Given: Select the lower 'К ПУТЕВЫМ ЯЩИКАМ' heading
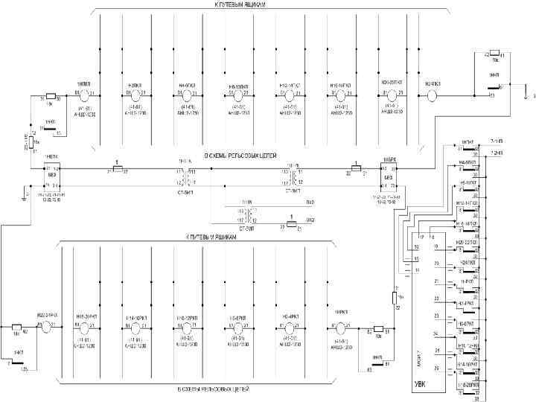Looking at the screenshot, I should pos(211,236).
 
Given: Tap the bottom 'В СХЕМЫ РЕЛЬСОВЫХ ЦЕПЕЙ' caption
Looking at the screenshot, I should pos(213,389).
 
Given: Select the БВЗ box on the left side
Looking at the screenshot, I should pos(52,176).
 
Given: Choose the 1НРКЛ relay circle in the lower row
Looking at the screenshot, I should pos(342,328).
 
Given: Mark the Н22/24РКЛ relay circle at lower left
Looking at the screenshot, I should pos(47,328).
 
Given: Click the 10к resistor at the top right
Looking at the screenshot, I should pos(494,55).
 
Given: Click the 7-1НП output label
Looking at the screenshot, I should pos(497,141).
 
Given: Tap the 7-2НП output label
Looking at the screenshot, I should pos(497,152).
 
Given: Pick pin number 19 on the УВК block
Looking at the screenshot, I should pos(436,246).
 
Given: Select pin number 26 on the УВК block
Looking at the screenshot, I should pos(436,367).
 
